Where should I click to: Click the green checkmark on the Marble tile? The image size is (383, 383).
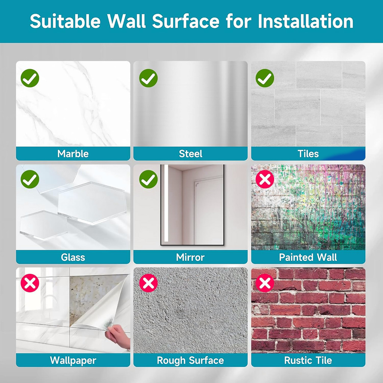tap(30, 78)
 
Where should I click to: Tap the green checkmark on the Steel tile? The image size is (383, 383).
tap(148, 78)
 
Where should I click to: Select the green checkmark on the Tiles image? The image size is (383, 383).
tap(265, 78)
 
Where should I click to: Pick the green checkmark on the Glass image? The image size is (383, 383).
tap(30, 179)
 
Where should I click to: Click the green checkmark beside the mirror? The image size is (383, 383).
tap(148, 179)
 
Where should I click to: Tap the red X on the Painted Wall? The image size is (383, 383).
tap(265, 179)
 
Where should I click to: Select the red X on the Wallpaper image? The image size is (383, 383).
tap(30, 283)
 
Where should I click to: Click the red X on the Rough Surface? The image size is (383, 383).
tap(148, 283)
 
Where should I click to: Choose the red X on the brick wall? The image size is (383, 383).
tap(265, 283)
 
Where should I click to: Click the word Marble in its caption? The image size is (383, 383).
tap(73, 154)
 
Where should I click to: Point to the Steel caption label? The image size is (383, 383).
tap(190, 154)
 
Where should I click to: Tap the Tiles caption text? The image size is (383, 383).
tap(308, 154)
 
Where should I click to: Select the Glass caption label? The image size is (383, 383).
tap(73, 257)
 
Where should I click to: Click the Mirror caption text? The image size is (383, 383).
tap(190, 257)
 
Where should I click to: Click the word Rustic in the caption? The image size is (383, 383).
tap(296, 360)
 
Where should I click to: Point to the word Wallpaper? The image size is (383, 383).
tap(73, 361)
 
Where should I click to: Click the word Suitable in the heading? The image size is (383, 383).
tap(65, 21)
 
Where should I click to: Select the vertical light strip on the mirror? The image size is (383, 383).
tap(166, 203)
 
